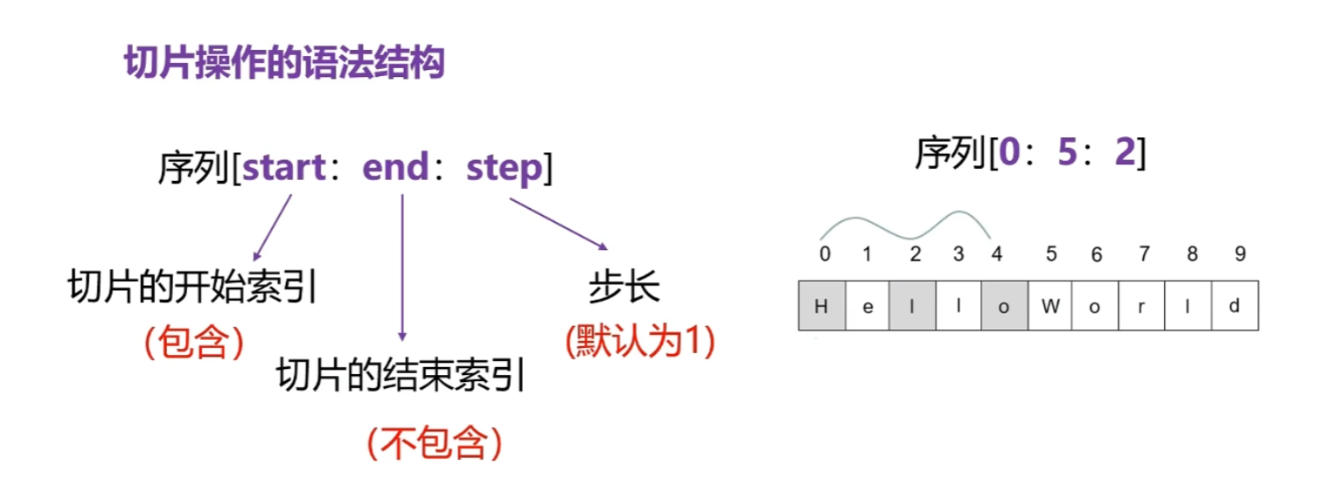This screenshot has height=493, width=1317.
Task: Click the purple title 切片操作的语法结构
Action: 285,64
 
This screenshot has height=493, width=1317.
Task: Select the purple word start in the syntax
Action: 285,168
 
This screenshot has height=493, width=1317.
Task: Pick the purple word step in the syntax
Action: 505,168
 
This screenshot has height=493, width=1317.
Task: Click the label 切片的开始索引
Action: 192,287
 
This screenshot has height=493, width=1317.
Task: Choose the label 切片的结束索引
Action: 401,377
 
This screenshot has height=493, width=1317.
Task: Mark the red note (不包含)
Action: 435,444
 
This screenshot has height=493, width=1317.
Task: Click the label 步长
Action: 624,287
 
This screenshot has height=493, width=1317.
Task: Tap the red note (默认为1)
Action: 640,342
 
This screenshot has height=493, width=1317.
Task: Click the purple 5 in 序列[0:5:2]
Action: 1064,154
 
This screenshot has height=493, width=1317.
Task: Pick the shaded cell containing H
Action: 821,306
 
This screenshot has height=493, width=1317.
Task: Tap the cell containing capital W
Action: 1050,306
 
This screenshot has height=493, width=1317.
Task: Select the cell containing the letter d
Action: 1234,306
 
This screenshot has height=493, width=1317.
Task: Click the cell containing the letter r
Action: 1142,306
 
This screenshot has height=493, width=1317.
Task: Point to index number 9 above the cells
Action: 1239,254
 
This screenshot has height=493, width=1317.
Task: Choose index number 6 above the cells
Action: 1097,254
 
